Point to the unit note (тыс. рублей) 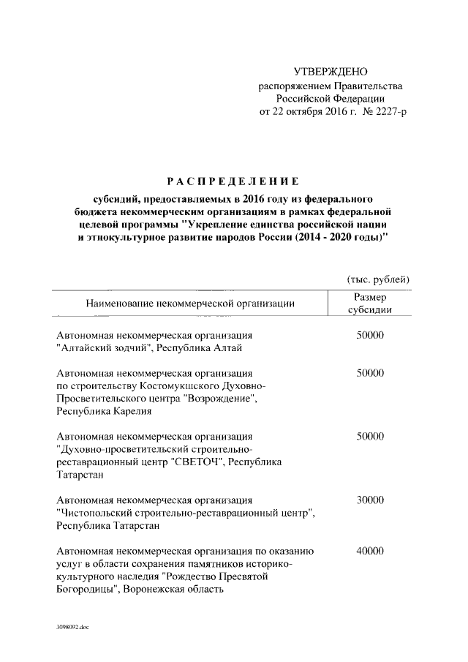pyautogui.click(x=377, y=279)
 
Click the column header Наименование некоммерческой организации pyautogui.click(x=190, y=302)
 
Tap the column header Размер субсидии pyautogui.click(x=370, y=303)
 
